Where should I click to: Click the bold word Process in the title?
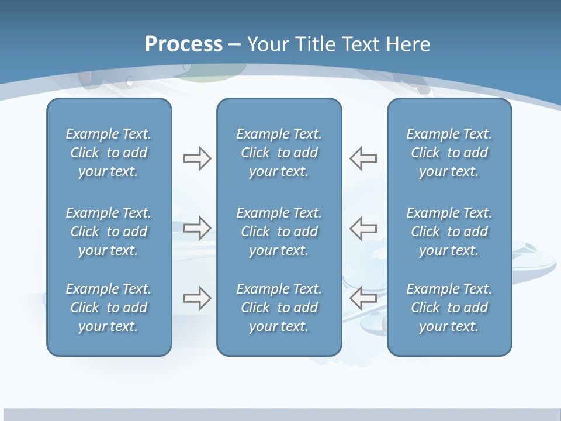(x=183, y=44)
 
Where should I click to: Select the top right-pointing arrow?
(x=197, y=158)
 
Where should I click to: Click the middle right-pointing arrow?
(x=197, y=228)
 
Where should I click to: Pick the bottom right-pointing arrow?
(x=197, y=298)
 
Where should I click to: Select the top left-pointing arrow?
(x=363, y=158)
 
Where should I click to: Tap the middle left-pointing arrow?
(x=363, y=228)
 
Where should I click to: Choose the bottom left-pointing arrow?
(x=363, y=298)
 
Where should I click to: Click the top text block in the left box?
(x=109, y=153)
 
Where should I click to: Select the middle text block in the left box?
(x=109, y=232)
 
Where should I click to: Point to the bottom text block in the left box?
(x=109, y=308)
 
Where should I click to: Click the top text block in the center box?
(x=279, y=153)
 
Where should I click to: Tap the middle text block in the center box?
(x=279, y=232)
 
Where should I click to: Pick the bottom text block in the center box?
(x=279, y=308)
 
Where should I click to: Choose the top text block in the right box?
(x=449, y=153)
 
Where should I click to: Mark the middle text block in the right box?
(x=449, y=232)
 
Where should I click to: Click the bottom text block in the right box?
(x=449, y=308)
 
